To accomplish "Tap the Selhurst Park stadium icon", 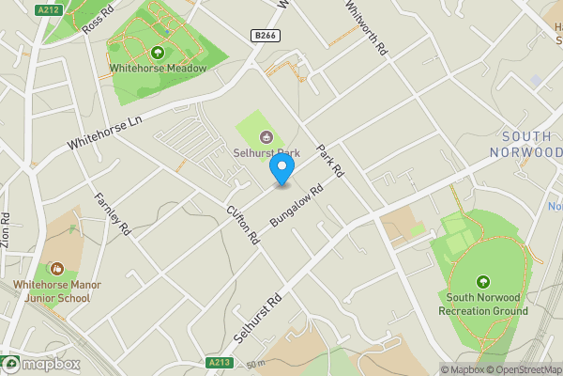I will tap(266, 134).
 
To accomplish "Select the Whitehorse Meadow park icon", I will tap(157, 53).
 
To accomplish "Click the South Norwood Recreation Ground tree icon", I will tap(482, 281).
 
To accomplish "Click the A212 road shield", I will tap(48, 9).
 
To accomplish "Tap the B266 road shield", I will tap(266, 36).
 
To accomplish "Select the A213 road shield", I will tap(219, 361).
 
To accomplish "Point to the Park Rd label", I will tap(329, 160).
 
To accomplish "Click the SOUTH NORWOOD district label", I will tap(525, 144).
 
